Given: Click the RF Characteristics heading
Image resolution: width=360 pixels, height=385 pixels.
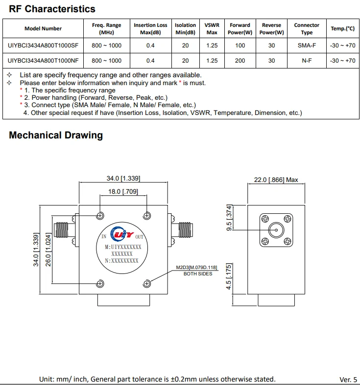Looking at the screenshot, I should (52, 9).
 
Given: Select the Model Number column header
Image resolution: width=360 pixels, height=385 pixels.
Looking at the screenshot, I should (43, 28).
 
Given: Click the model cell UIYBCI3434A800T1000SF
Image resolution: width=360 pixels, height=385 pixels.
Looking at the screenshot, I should (43, 45).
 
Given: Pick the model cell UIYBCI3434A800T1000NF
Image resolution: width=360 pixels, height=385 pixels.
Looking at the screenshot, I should (43, 61).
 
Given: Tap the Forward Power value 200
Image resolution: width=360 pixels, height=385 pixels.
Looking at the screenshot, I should (240, 61).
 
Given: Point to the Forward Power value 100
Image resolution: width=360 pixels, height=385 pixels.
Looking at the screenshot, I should (240, 45).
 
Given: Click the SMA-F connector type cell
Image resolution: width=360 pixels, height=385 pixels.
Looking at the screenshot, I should (307, 45).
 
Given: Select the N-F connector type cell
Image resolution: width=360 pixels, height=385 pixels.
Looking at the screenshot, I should (307, 61).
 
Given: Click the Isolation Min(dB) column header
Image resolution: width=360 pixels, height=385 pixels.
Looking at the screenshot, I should (186, 28).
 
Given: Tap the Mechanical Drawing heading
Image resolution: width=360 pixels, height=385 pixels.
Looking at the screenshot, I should (56, 136).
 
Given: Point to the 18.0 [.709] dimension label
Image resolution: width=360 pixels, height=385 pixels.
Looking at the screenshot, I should (123, 192).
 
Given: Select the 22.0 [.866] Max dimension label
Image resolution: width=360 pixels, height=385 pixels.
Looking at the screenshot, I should (276, 180).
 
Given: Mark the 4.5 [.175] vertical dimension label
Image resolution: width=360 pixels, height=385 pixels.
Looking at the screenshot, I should (229, 276).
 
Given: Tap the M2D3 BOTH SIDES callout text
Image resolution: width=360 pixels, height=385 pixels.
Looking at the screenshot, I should (197, 271).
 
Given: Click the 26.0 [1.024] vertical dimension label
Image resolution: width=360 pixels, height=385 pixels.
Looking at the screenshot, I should (48, 248).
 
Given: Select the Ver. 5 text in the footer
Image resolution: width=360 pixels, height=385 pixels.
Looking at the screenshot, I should (348, 379).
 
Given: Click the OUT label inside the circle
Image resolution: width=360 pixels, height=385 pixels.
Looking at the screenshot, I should (140, 237).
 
